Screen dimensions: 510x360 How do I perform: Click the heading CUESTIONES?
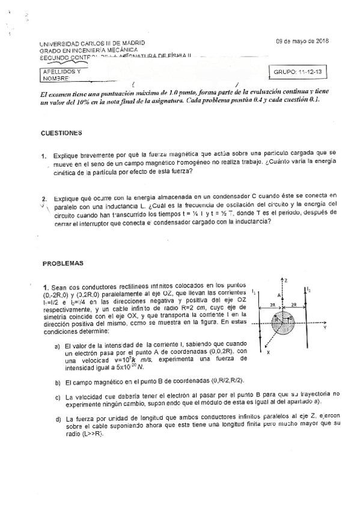click(61, 132)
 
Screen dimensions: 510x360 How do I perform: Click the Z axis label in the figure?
click(287, 280)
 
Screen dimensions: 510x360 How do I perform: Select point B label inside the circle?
click(290, 318)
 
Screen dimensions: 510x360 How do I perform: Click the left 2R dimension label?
click(272, 305)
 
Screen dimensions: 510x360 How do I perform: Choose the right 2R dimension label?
click(294, 305)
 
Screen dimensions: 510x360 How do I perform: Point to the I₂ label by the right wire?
click(309, 289)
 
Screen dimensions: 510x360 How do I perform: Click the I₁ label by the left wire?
click(254, 292)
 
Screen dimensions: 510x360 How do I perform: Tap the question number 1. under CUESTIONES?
click(44, 156)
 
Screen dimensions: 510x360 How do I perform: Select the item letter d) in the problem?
click(58, 419)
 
